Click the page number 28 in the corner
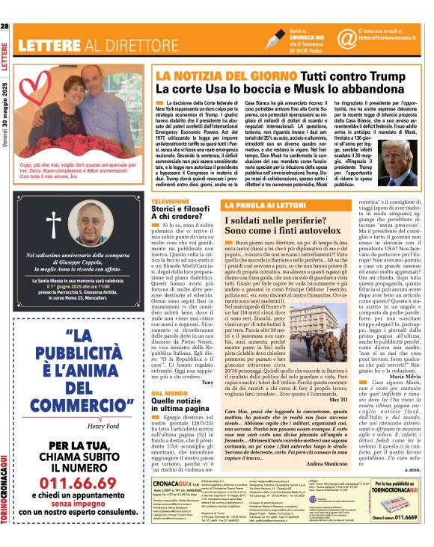coord(5,27)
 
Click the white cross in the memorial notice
coord(54,223)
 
